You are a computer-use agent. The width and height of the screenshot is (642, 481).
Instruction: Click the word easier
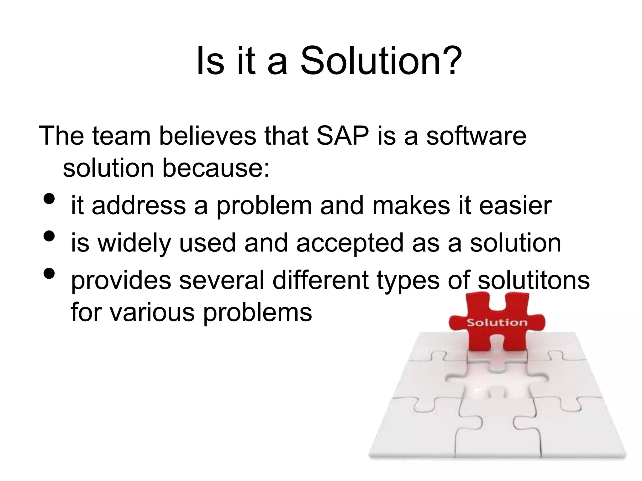515,206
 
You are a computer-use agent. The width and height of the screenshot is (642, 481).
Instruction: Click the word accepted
350,243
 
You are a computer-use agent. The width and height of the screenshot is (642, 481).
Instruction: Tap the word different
320,280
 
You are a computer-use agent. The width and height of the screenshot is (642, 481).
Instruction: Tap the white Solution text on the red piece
497,322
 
